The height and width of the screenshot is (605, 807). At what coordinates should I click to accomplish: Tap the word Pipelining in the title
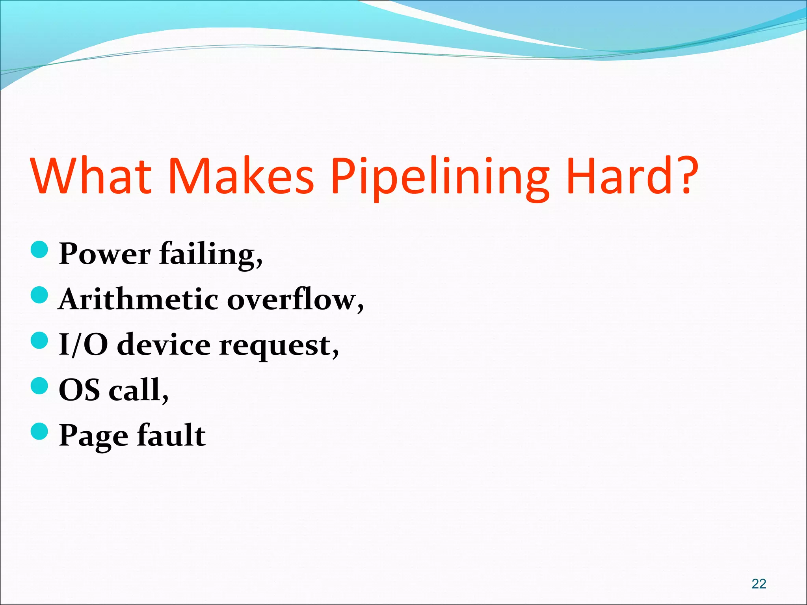439,177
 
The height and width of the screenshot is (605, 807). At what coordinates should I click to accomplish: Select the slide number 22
759,583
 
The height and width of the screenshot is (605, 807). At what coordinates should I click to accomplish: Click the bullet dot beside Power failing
39,250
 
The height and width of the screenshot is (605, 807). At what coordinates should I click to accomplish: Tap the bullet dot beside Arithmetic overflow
39,295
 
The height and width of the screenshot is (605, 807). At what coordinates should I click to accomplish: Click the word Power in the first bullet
104,254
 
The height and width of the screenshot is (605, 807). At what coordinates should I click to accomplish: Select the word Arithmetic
138,299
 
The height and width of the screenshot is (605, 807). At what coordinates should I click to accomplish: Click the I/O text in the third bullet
83,345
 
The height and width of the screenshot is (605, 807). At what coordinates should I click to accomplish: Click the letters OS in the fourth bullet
79,390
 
